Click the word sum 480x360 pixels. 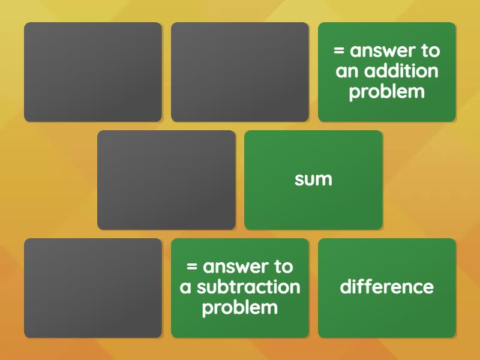tap(313, 179)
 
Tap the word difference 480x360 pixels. tap(386, 287)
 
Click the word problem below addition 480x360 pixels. tap(386, 92)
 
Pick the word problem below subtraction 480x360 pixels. tap(239, 308)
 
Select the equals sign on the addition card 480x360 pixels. tap(340, 51)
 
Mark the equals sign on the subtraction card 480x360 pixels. tap(193, 267)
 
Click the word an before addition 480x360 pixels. tap(347, 71)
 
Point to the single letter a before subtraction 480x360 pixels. tap(185, 287)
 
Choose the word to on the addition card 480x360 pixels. tap(431, 50)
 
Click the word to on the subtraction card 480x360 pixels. tap(284, 266)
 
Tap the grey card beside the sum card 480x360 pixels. tap(166, 180)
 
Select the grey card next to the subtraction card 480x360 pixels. tap(93, 288)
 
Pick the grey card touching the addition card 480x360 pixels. tap(240, 72)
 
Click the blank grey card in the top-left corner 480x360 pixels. tap(93, 72)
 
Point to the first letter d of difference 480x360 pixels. tap(346, 287)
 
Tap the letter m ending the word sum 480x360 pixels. tap(325, 179)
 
